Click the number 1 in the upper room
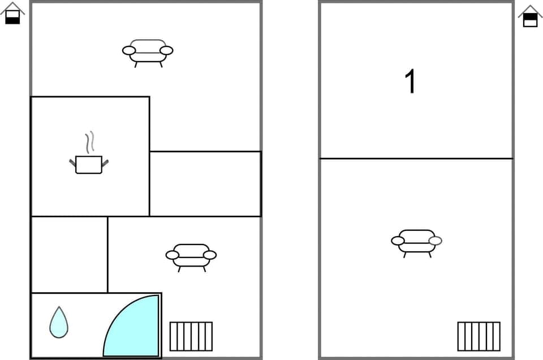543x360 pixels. coord(411,82)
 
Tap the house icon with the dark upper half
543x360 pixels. coord(530,16)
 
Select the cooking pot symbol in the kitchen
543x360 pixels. coord(89,164)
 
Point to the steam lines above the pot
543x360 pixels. coord(89,142)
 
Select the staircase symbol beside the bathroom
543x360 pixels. coord(191,336)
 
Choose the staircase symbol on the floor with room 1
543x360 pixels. coord(479,336)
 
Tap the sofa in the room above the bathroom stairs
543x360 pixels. coord(191,256)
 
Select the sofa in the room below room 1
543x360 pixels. coord(416,242)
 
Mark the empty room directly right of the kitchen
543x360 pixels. coord(205,183)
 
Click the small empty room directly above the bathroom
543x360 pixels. coord(69,254)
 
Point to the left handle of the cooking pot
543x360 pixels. coord(72,163)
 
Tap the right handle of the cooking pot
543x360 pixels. coord(105,163)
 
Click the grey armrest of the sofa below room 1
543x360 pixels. coord(435,241)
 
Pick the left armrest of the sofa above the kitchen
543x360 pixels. coord(129,50)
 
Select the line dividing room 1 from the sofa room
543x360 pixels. coord(416,158)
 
